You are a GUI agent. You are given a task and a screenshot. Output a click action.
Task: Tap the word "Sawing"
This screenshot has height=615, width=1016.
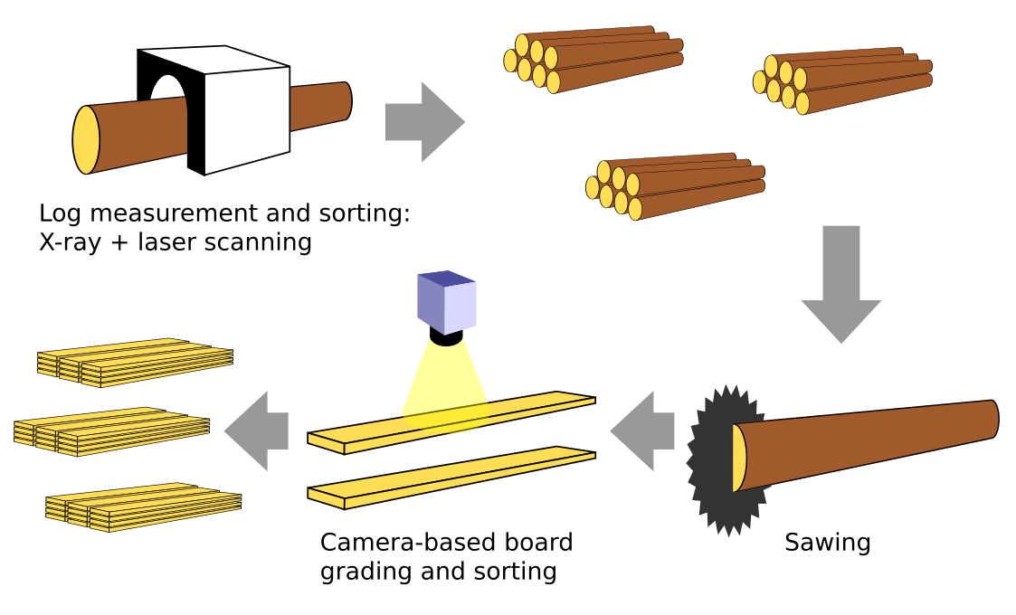click(x=827, y=543)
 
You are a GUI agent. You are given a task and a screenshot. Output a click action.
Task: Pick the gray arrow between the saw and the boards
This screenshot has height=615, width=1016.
click(x=644, y=430)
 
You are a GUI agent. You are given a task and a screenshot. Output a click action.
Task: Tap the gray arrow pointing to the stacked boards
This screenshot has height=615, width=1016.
click(x=258, y=430)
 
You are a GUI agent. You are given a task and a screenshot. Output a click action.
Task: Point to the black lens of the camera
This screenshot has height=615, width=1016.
click(x=446, y=338)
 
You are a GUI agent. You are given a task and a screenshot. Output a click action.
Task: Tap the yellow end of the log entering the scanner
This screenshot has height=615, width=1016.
click(x=86, y=139)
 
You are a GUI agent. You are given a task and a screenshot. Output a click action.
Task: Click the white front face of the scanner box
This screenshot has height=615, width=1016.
click(x=247, y=118)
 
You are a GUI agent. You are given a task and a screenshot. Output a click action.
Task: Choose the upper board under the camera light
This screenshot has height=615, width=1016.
click(x=452, y=421)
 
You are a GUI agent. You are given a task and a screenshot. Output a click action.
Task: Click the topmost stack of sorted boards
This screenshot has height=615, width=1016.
click(x=136, y=361)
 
